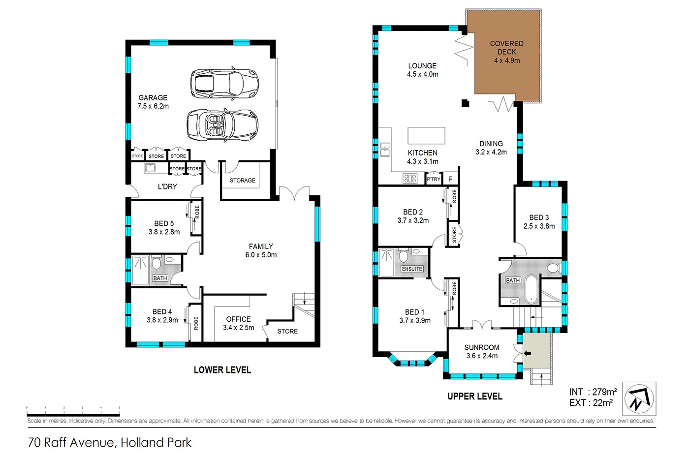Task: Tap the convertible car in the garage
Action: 222,124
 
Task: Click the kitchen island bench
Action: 426,135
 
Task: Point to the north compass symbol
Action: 639,398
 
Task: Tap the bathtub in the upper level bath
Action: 531,289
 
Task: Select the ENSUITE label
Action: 412,269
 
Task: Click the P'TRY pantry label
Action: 434,179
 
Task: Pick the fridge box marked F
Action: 450,179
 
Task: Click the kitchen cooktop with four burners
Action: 410,178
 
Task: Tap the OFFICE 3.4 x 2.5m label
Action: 238,323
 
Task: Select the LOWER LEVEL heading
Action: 222,370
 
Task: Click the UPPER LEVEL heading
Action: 474,396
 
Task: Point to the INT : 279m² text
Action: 593,392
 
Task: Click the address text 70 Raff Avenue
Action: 109,442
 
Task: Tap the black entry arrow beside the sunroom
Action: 527,353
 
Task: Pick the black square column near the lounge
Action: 465,103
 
